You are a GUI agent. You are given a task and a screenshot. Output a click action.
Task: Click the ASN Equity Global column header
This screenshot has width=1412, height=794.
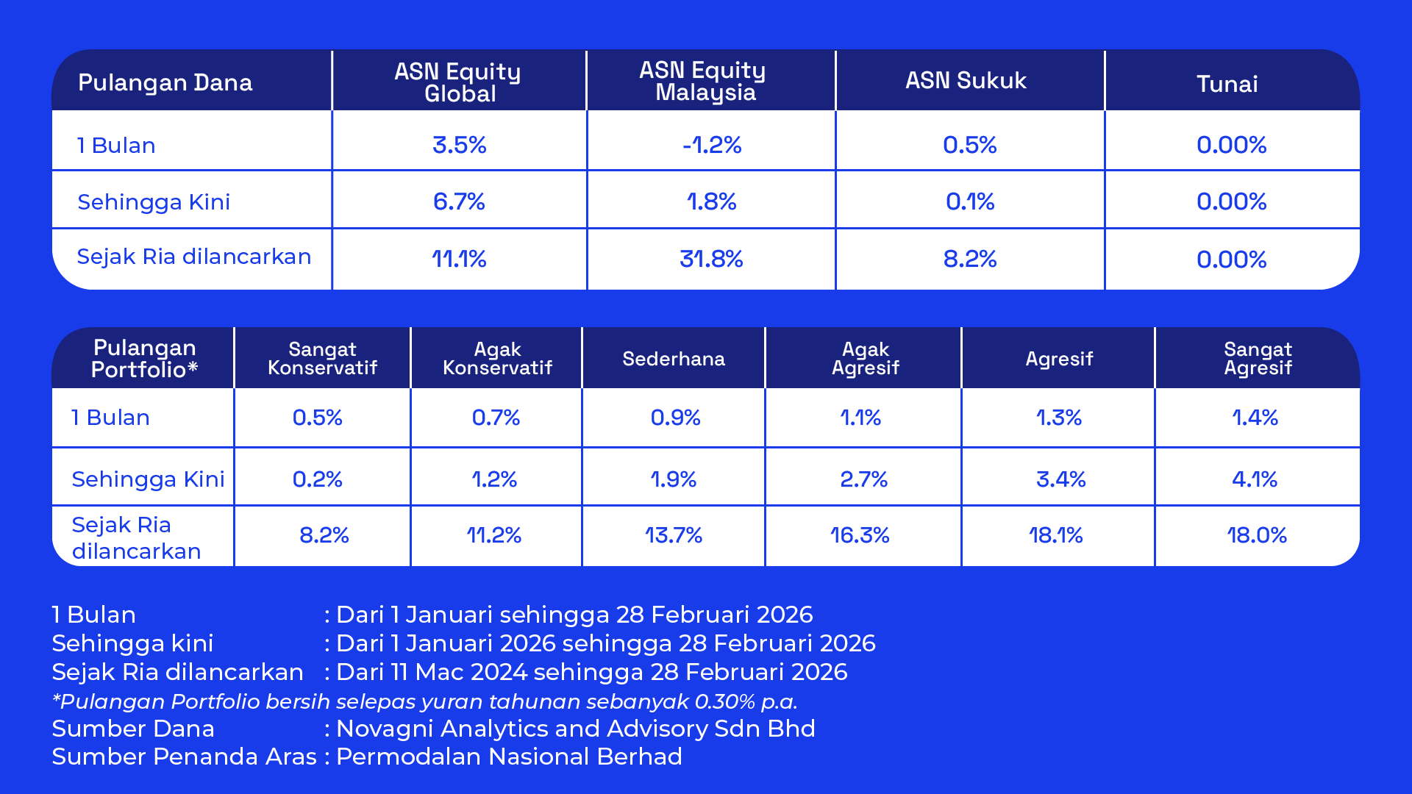coord(458,82)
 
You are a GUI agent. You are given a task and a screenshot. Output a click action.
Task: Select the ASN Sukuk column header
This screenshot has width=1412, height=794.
coord(966,81)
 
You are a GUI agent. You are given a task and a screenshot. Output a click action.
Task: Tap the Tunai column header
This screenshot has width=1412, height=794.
coord(1227,84)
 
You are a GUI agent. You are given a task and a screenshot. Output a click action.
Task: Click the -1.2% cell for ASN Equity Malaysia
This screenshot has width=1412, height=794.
coord(711,145)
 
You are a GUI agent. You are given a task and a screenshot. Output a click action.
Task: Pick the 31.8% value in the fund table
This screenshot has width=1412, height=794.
coord(711,259)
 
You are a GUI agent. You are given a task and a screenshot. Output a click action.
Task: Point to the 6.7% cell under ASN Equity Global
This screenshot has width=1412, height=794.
coord(459,201)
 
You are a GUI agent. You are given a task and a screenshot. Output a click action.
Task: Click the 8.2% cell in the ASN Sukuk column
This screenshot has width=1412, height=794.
coord(969,259)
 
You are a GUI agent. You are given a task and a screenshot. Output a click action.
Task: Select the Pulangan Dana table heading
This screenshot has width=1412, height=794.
coord(165,82)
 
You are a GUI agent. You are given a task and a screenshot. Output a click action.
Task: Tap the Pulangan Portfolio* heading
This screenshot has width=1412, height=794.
coord(144,359)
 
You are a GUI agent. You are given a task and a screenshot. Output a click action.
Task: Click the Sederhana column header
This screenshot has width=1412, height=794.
coord(674,359)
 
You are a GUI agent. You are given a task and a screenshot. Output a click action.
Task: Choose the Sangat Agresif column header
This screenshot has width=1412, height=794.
coord(1258,359)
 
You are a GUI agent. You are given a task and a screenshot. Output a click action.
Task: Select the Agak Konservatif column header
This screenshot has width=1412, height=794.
coord(497,359)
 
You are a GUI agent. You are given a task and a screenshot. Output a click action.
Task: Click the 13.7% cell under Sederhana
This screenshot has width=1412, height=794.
coord(674,535)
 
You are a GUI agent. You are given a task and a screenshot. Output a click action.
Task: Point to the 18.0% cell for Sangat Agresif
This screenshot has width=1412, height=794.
coord(1256,535)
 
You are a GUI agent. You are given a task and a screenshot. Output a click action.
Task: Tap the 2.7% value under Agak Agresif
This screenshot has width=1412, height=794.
coord(863,479)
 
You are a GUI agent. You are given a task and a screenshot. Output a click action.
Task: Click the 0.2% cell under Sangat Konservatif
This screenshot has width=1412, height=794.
coord(318,479)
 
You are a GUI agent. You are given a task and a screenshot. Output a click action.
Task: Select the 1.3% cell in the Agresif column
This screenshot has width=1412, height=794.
coord(1059,418)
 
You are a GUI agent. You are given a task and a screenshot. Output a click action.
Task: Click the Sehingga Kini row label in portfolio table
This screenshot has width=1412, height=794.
coord(148,479)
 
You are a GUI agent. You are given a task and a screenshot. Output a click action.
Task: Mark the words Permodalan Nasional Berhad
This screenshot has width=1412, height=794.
coord(509,757)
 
